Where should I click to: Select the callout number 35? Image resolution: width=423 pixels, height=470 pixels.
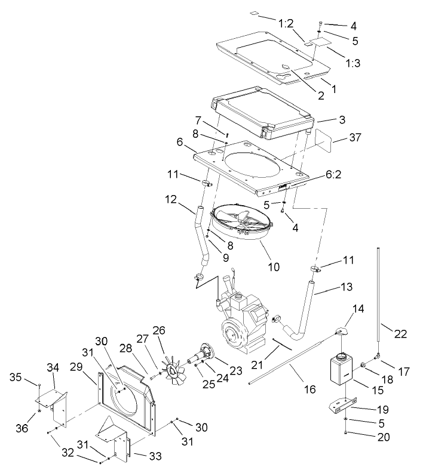[16, 377]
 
